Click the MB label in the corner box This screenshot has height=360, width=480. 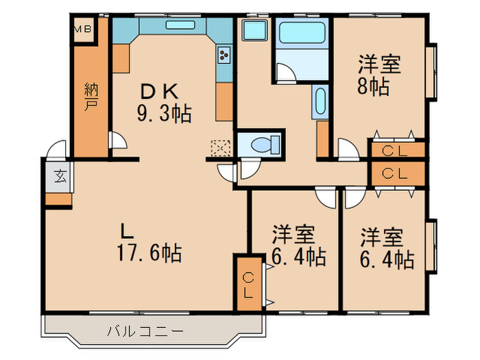[x=83, y=29]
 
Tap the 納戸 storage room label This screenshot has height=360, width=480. [x=91, y=97]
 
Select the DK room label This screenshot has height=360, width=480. [x=159, y=91]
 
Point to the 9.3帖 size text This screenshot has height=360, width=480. [x=165, y=114]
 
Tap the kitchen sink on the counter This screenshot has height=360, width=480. [x=180, y=25]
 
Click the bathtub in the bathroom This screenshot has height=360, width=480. [x=302, y=32]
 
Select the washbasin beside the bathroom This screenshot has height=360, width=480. [x=320, y=101]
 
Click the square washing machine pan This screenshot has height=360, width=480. [x=254, y=29]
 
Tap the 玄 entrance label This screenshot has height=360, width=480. [x=60, y=177]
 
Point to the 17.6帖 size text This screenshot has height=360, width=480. [x=149, y=253]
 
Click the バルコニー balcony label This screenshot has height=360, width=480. [x=145, y=331]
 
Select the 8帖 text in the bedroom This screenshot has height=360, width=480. [x=373, y=86]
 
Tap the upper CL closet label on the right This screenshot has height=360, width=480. [x=394, y=151]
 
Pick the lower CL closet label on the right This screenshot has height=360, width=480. [x=394, y=173]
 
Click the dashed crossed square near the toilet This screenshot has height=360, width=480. [x=221, y=148]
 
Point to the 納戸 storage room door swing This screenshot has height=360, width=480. [x=118, y=140]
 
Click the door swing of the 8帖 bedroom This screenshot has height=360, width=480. [x=348, y=149]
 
